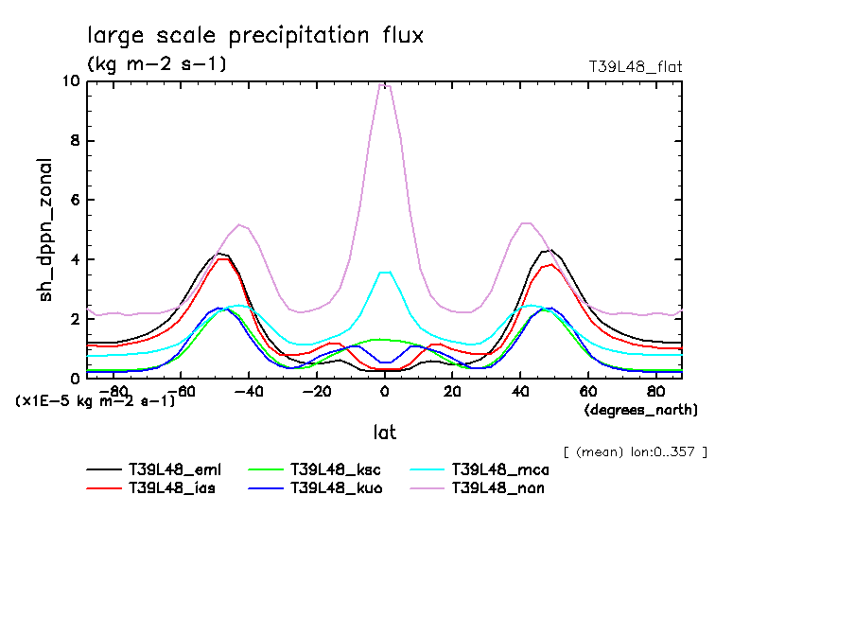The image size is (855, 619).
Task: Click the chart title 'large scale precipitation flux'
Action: click(x=255, y=36)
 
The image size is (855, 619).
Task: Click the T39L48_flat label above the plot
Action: click(x=635, y=67)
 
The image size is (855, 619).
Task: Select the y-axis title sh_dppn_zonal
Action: click(x=46, y=230)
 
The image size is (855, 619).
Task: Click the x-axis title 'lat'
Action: click(x=384, y=432)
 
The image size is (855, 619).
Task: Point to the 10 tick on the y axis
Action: click(x=71, y=81)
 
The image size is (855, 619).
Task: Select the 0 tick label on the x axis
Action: click(x=385, y=390)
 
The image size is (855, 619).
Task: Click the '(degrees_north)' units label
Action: click(x=640, y=410)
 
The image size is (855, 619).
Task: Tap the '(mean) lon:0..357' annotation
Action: click(x=635, y=451)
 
